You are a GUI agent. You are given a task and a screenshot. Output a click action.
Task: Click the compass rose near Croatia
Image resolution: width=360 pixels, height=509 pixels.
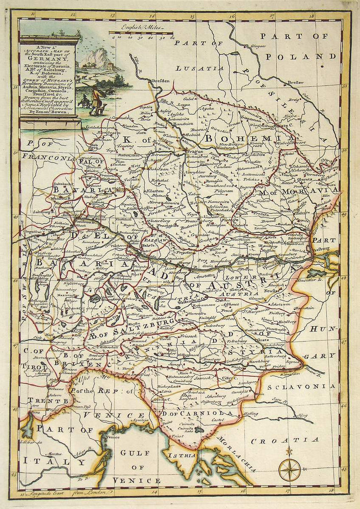(289, 469)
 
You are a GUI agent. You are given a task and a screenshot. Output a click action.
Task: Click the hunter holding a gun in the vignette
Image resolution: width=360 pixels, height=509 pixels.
(95, 100)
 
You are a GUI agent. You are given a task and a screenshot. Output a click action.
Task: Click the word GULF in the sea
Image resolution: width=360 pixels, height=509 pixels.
(134, 452)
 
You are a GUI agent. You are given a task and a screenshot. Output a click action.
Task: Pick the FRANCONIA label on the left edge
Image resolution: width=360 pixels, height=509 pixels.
(48, 158)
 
